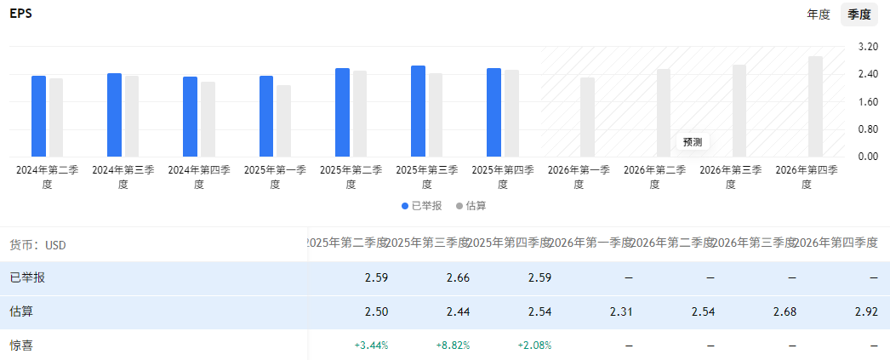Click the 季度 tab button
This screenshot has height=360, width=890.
[859, 14]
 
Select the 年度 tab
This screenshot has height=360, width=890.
[819, 14]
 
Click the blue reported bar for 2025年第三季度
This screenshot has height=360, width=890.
[418, 111]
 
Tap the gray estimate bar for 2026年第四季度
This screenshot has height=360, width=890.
[815, 106]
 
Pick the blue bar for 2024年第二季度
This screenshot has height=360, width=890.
[38, 117]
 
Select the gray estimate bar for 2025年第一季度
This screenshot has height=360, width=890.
[283, 121]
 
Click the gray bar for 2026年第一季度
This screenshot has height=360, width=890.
[587, 117]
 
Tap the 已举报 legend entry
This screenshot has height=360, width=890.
[422, 206]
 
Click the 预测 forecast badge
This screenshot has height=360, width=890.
[692, 142]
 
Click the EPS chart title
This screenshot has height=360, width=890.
[21, 14]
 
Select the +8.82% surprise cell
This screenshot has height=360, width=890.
[453, 346]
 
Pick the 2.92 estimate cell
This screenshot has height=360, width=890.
[866, 312]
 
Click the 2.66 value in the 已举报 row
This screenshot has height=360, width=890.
[458, 278]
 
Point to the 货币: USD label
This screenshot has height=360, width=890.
[37, 245]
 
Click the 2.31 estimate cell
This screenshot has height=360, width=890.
[621, 312]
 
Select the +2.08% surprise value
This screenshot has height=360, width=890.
[534, 346]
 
